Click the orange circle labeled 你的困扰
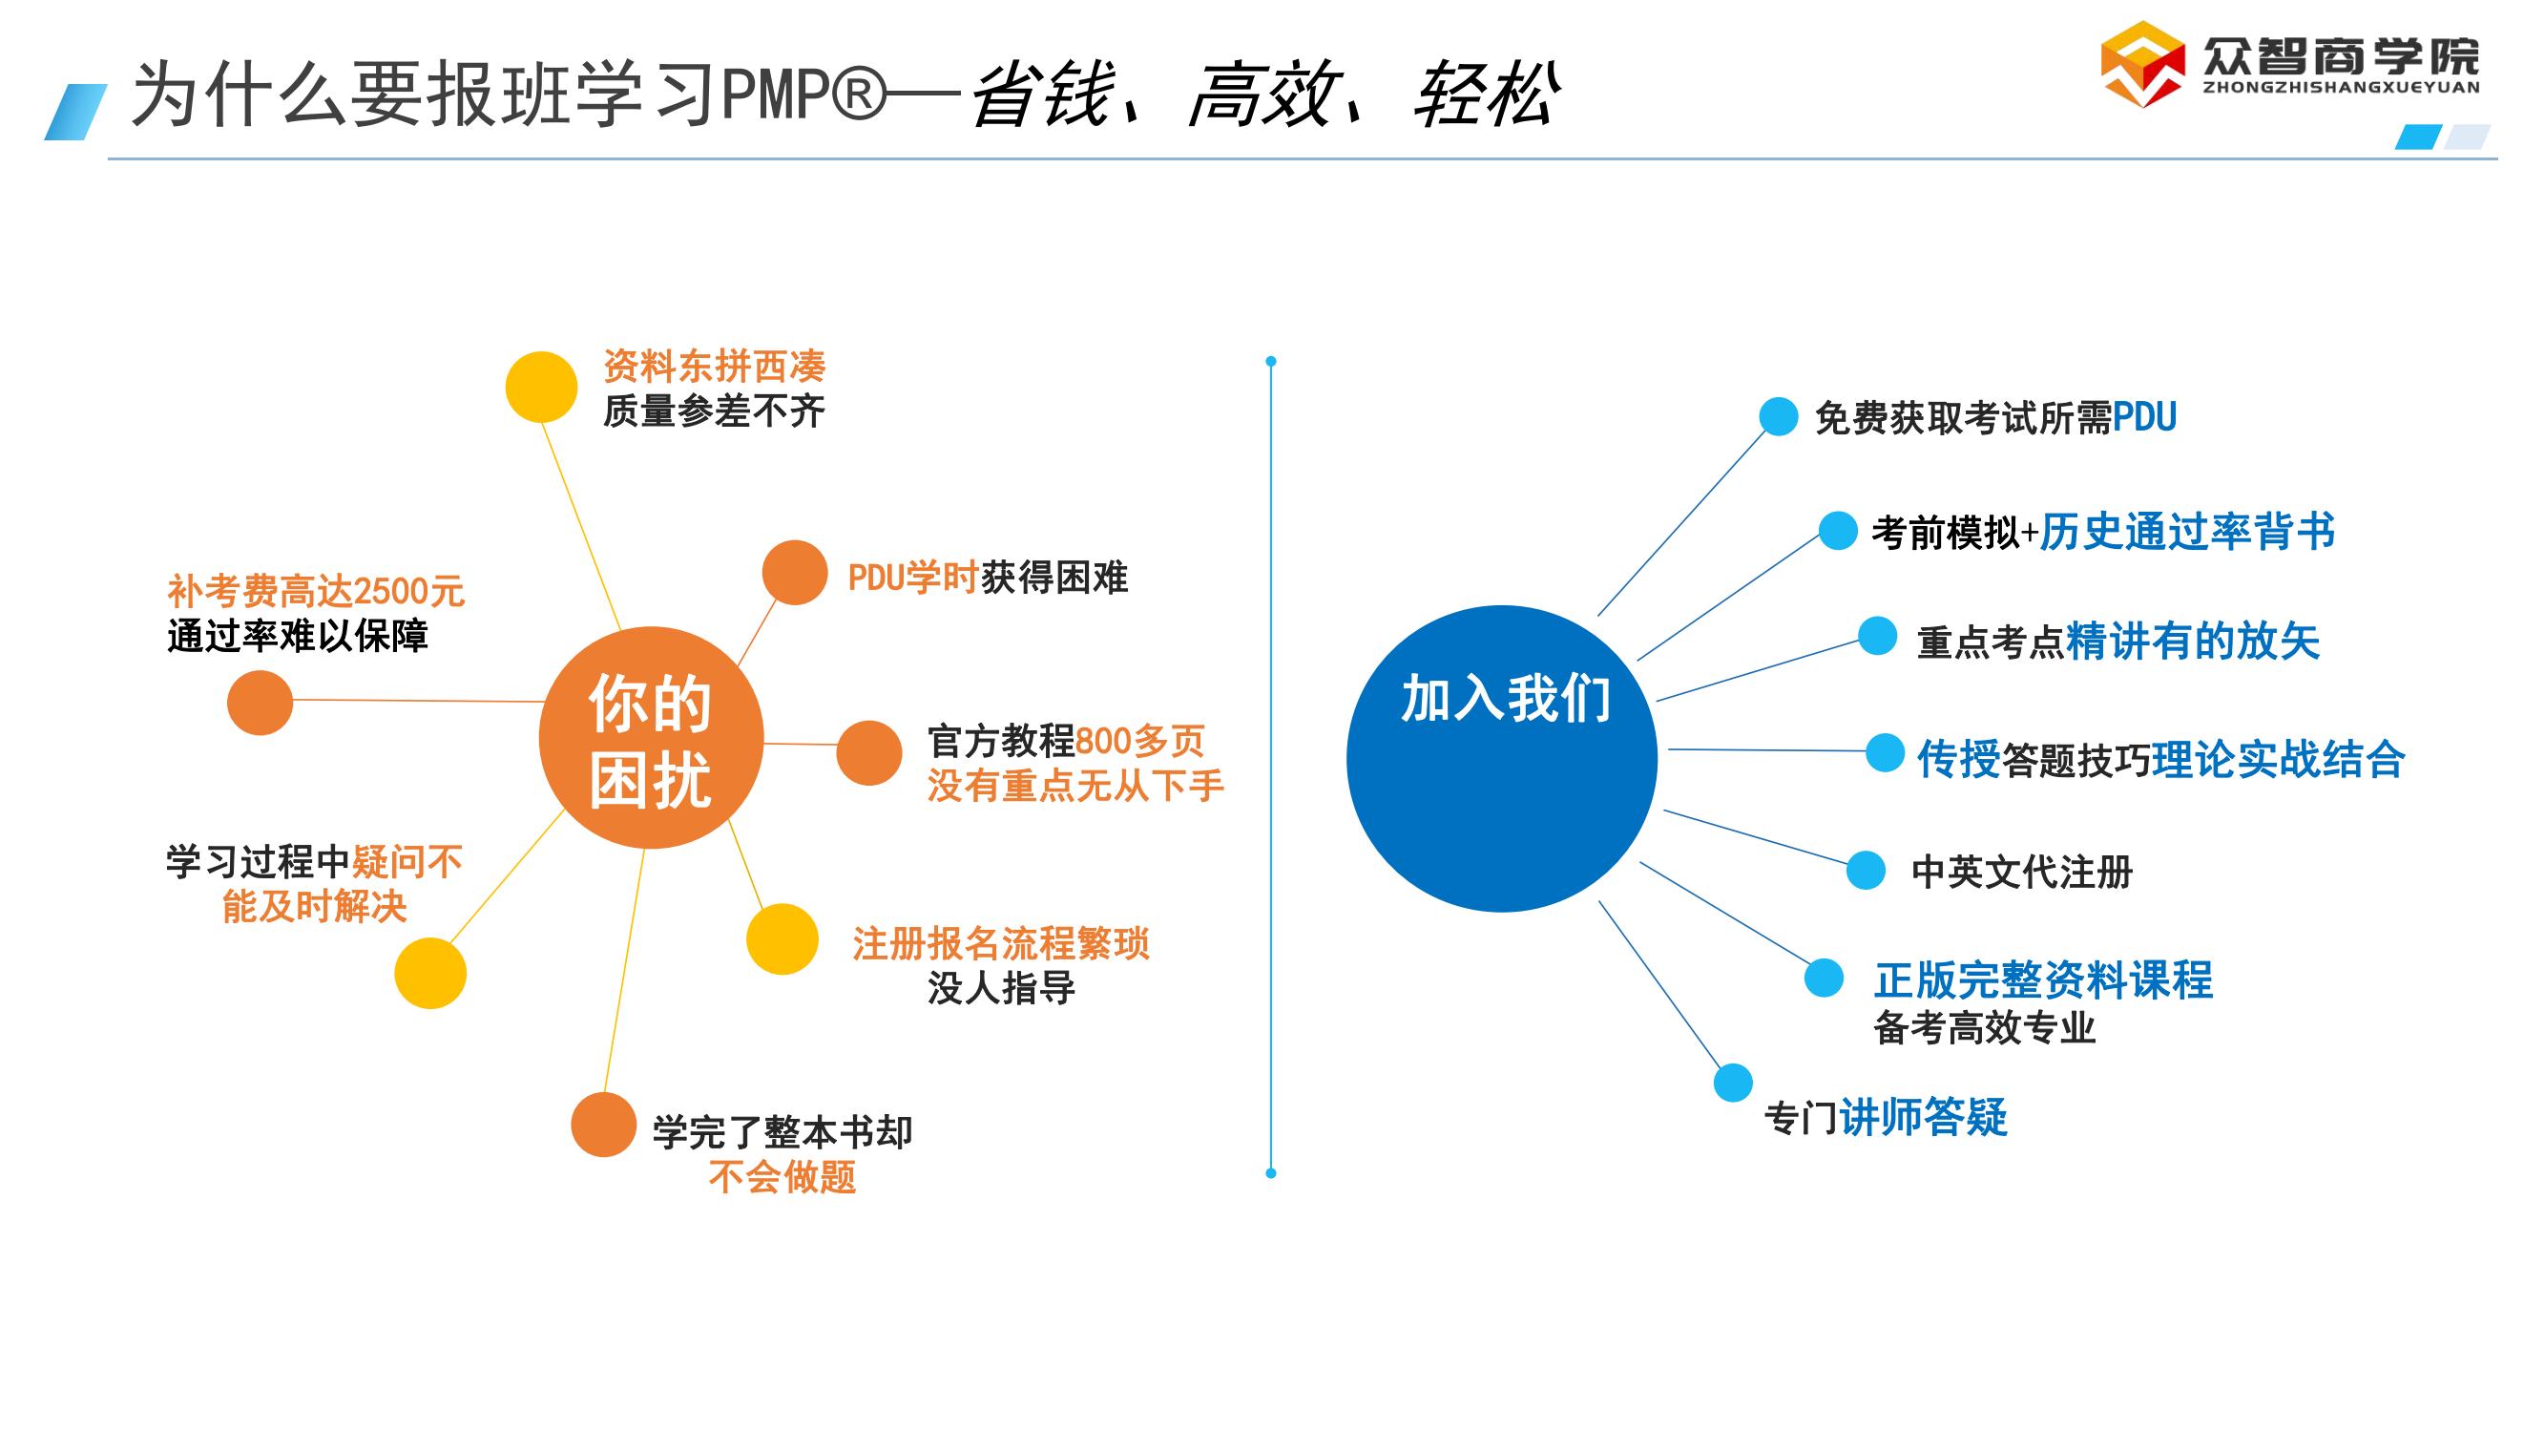(650, 737)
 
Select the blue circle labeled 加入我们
(1502, 758)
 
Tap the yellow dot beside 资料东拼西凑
(540, 387)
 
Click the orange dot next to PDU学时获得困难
(794, 572)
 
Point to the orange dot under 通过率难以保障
(260, 703)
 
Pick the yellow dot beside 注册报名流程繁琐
(782, 938)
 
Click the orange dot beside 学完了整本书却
(603, 1125)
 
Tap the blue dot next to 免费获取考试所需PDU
(1779, 416)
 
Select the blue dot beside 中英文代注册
(1866, 870)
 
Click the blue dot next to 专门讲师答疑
(1733, 1084)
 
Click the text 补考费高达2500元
(315, 592)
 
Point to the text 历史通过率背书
(2187, 532)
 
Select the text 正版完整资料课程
(2043, 980)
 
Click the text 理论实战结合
(2278, 759)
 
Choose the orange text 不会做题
(782, 1177)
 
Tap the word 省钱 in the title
(1043, 95)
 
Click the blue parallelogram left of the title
(75, 112)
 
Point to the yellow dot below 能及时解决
(429, 974)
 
